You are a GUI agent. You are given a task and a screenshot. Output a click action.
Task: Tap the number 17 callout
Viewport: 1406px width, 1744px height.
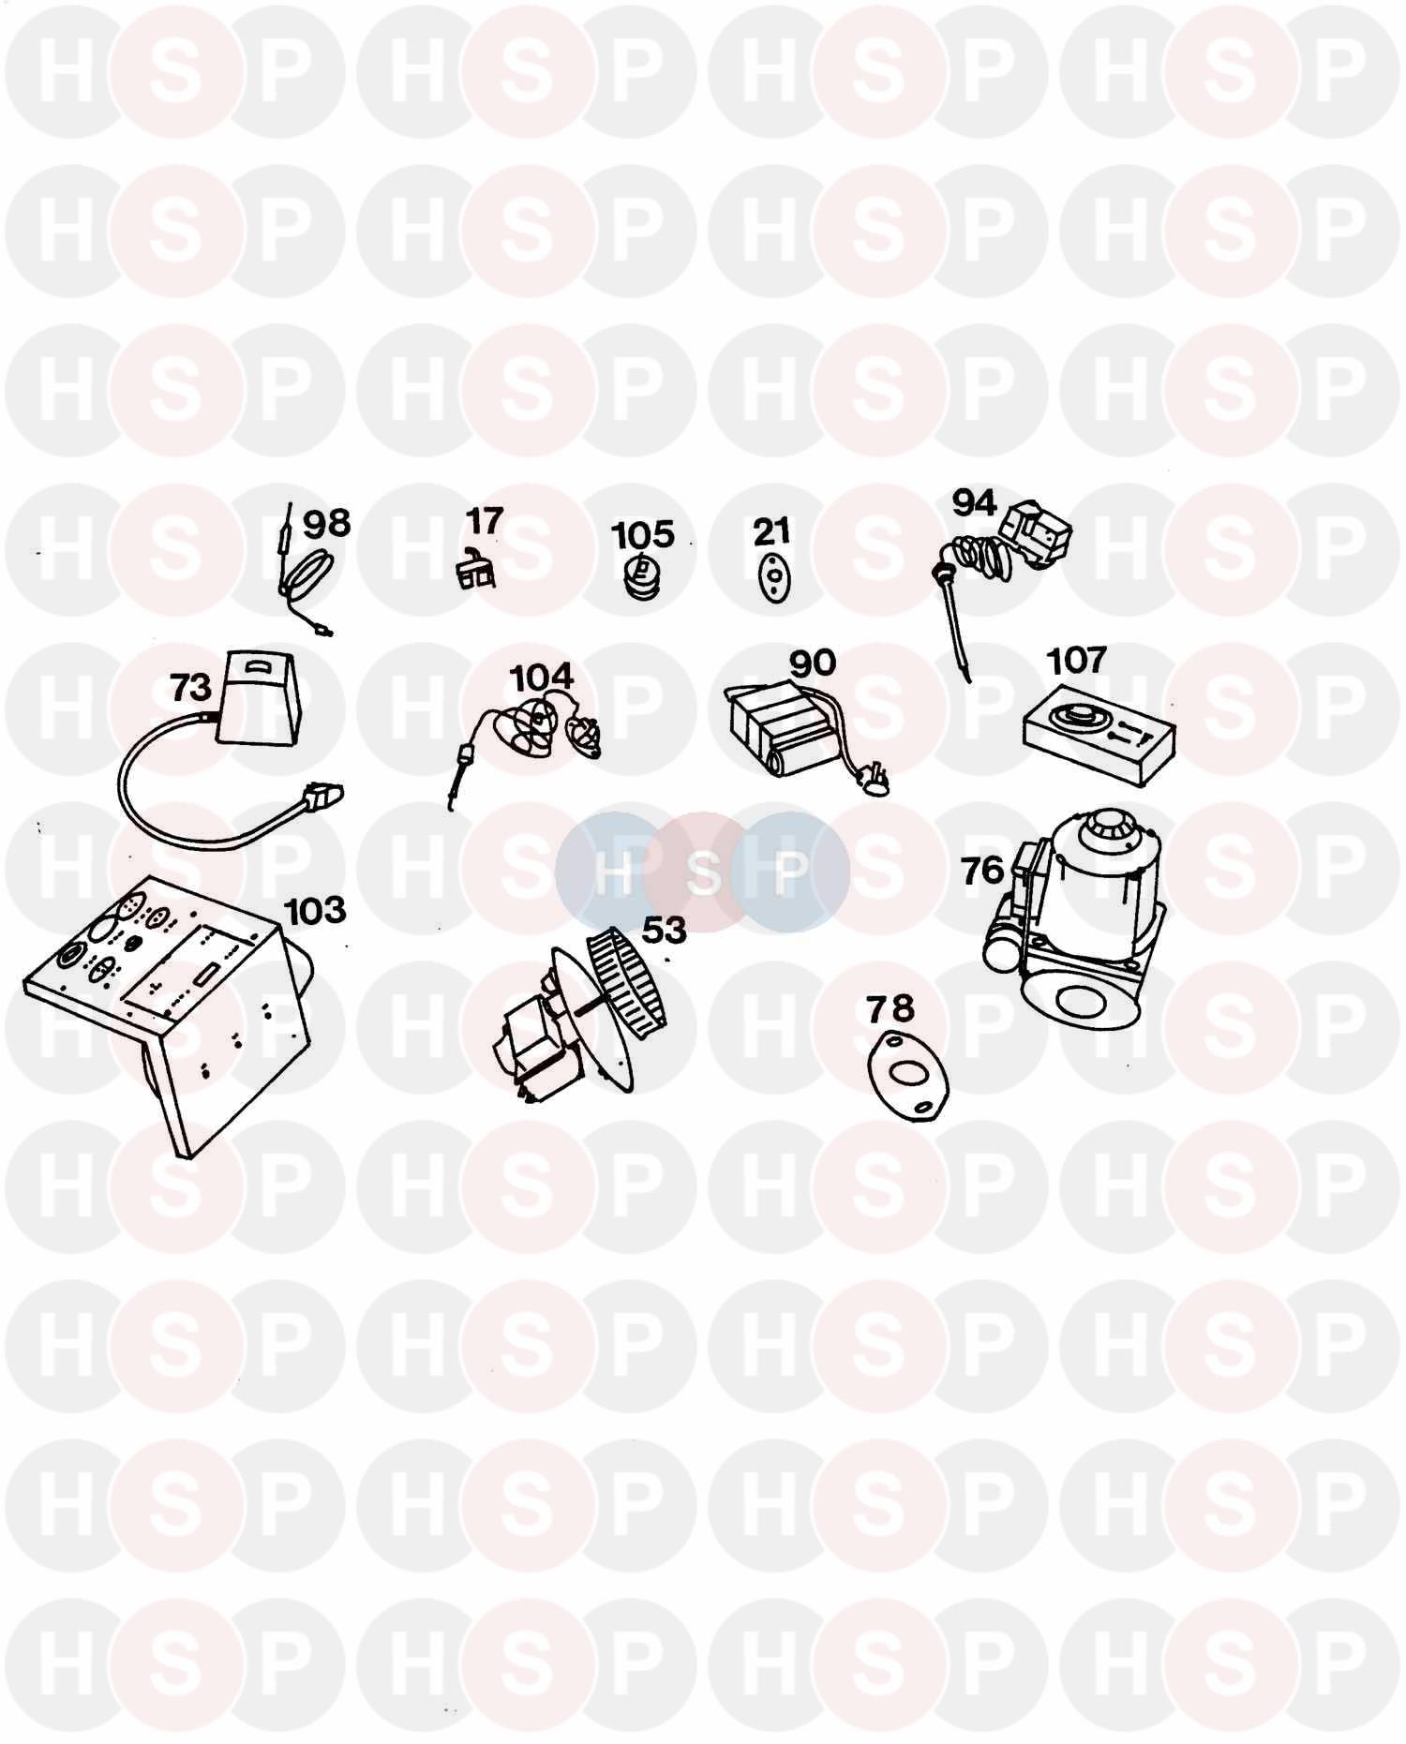click(x=485, y=520)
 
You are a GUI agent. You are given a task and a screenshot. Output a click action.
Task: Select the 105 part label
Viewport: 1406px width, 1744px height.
click(x=643, y=534)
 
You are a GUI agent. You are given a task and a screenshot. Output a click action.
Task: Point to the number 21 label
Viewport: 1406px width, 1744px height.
click(x=771, y=531)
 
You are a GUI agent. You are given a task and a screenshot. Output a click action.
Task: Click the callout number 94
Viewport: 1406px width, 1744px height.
click(x=975, y=503)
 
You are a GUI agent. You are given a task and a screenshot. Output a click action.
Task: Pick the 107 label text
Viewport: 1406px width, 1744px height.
click(x=1077, y=660)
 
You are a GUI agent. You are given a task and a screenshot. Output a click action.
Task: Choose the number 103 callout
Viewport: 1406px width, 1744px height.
click(x=315, y=909)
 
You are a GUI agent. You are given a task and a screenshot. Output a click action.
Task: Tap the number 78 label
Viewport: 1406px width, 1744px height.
click(x=890, y=1008)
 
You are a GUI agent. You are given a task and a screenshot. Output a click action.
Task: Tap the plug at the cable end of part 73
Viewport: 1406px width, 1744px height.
click(x=322, y=797)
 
